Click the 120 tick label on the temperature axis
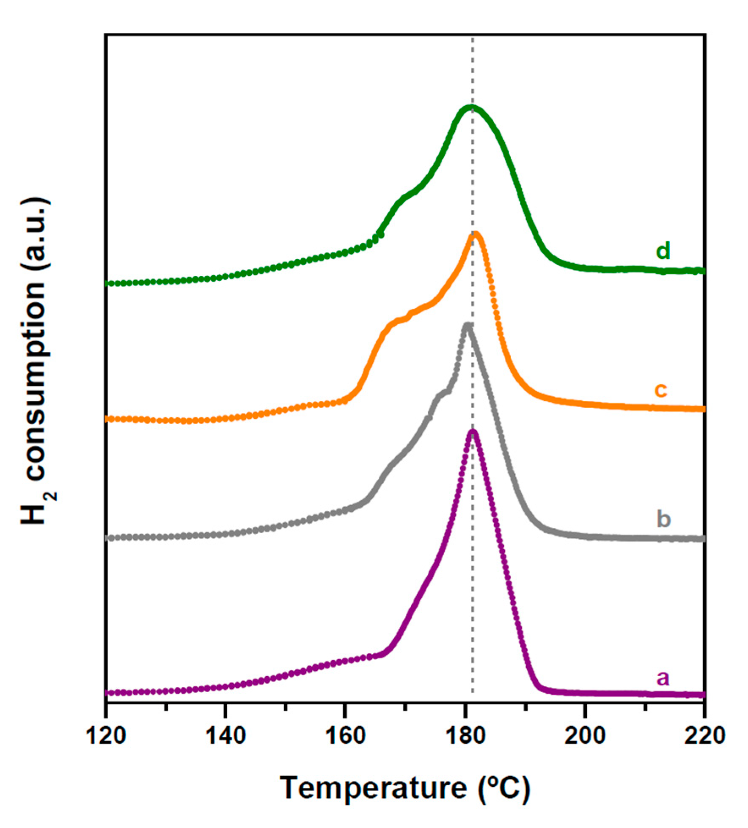pos(106,736)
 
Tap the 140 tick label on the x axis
pos(225,736)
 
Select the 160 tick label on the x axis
pos(345,736)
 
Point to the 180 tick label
pos(465,736)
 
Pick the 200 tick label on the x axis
pos(585,736)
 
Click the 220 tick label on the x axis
pos(704,736)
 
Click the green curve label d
pos(663,251)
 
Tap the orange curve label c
pos(660,389)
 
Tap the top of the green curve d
pos(470,107)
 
